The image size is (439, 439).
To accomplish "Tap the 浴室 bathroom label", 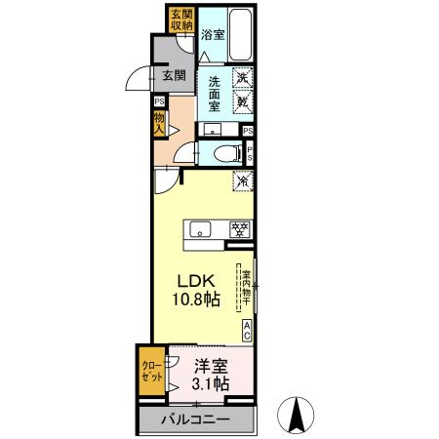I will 213,34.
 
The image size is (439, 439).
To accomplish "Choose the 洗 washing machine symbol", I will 242,77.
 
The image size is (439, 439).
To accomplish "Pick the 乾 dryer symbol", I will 242,100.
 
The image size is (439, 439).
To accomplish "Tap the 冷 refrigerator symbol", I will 241,180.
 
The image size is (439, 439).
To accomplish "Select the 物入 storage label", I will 158,124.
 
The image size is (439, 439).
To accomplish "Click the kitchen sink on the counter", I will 200,229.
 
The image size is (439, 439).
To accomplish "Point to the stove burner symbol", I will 239,229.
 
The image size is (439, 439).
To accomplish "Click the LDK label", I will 195,280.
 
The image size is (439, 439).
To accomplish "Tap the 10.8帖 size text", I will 195,299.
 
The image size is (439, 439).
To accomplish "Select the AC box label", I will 248,331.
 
